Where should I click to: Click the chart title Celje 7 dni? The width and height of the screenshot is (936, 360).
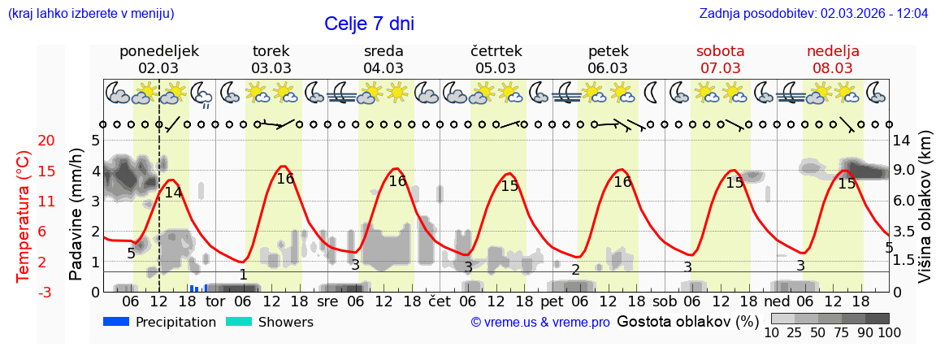point(369,24)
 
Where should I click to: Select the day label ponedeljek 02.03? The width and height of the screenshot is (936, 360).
point(158,59)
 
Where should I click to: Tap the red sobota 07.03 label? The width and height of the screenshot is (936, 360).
point(721,59)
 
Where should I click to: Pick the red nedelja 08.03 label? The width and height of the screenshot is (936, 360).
point(833,59)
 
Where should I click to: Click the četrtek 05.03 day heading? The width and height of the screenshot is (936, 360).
point(496,59)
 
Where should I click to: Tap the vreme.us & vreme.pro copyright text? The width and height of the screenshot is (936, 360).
point(540,322)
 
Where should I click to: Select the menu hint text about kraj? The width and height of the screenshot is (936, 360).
point(90,13)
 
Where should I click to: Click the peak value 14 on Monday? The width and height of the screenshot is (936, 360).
point(173,193)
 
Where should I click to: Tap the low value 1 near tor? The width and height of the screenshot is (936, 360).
point(243,275)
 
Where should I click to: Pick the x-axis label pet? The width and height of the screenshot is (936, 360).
point(552,301)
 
